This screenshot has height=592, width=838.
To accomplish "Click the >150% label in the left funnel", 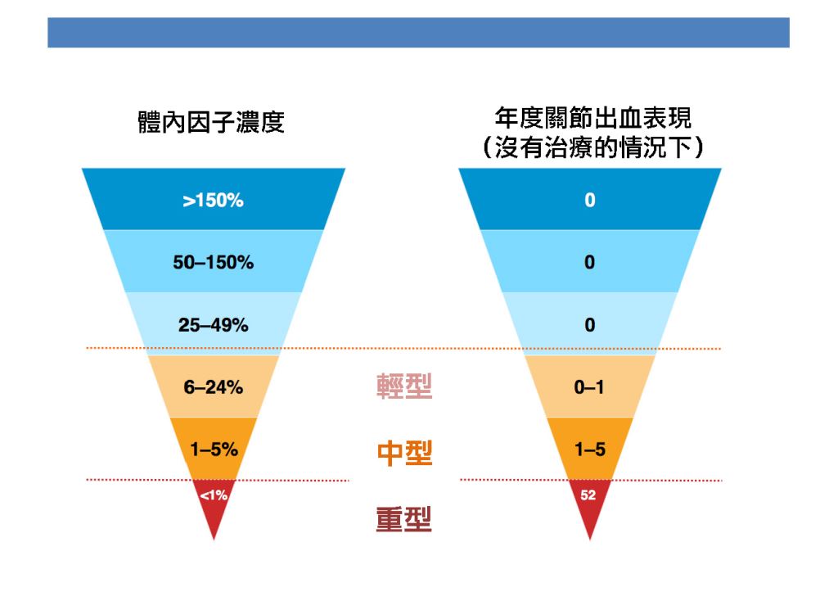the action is coord(213,200).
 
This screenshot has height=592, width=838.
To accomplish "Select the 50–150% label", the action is coord(214,262).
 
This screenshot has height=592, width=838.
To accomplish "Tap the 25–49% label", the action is coord(214,324).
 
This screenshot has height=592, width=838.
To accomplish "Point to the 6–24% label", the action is coord(214,386).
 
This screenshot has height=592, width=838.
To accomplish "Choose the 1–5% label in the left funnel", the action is coord(214,450).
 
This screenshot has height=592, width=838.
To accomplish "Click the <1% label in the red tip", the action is coord(214,495).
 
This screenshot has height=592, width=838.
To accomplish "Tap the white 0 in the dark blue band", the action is coord(589,200).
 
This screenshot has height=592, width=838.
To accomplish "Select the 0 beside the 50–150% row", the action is coord(589,262).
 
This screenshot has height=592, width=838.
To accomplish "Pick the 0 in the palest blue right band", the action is coord(589,324).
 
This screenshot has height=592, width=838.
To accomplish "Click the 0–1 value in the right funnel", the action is coord(589,386).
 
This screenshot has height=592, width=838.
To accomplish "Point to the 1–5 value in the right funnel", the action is coord(590,450).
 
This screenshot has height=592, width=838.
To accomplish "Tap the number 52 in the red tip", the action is coord(588,495).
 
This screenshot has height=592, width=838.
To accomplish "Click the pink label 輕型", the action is coord(404,386).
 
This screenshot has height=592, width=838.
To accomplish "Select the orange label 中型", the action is coord(404,453).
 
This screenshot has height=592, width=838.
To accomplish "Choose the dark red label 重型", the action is coord(403,519).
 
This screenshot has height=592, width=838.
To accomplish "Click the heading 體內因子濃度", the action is coord(211,122).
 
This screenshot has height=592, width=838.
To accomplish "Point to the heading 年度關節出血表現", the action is coord(592,118).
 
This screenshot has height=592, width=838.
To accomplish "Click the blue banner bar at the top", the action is coord(418,33).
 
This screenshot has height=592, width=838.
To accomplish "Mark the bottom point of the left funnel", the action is coord(214,540).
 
